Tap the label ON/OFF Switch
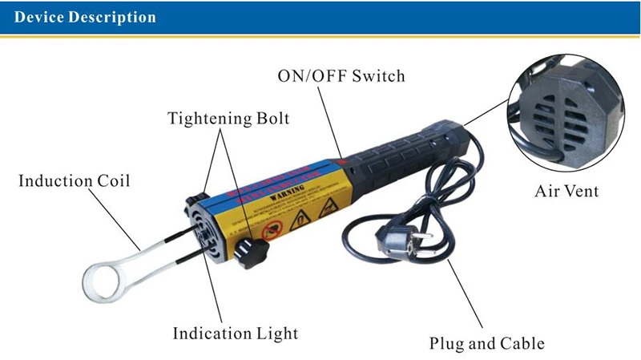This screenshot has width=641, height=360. [x=341, y=77]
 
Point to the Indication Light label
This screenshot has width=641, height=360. [x=235, y=332]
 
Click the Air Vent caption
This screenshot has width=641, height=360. [x=566, y=192]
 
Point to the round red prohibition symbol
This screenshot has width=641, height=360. [x=270, y=228]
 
